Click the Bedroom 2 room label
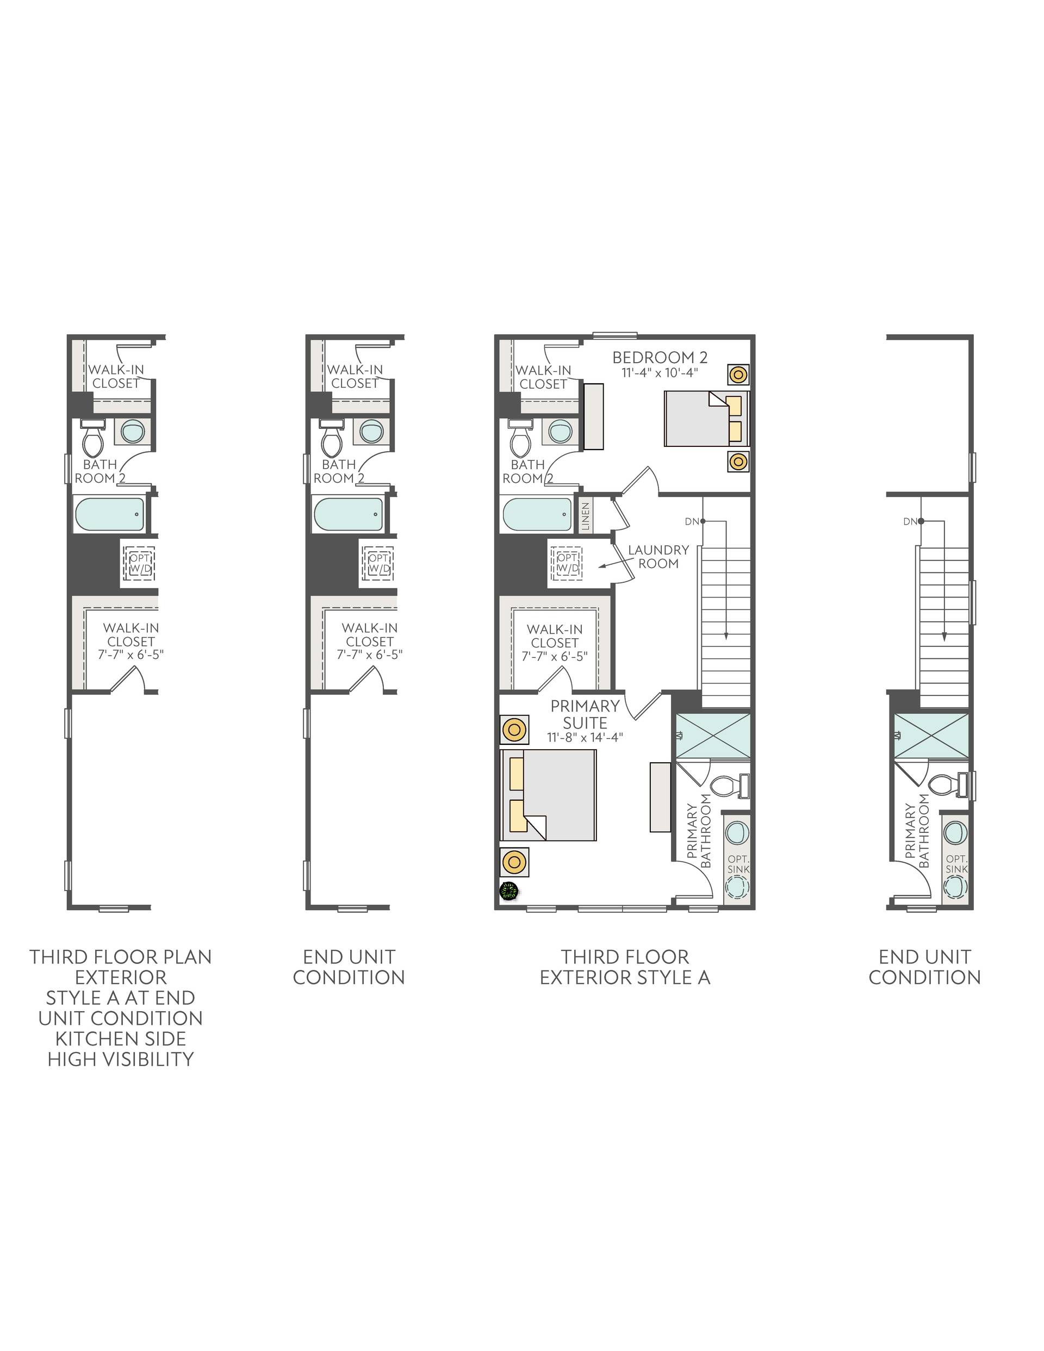point(660,357)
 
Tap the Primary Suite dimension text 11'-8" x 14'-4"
point(585,737)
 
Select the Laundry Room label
point(658,556)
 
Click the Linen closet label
point(586,516)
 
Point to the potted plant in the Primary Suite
point(509,891)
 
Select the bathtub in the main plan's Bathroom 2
point(538,515)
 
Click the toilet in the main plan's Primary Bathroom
point(730,786)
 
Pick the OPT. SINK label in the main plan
point(738,863)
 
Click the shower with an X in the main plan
point(712,736)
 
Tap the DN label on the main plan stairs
point(691,521)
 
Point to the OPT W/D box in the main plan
point(568,563)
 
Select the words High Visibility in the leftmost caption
point(121,1059)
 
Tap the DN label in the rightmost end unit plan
point(910,521)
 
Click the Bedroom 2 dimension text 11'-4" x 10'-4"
point(660,373)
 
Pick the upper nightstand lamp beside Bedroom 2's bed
point(738,374)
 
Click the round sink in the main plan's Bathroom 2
point(561,431)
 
